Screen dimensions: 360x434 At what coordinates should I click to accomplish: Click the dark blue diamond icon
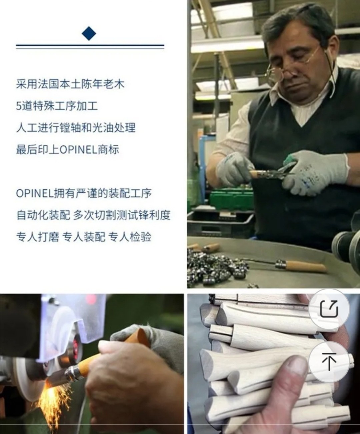[89, 33]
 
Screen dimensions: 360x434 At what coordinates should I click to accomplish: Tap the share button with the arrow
[329, 309]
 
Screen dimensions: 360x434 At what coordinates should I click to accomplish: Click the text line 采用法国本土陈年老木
[70, 84]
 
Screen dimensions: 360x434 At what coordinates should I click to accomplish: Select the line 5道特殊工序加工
[57, 106]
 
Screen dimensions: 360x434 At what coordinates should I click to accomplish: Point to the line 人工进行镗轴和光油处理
[76, 128]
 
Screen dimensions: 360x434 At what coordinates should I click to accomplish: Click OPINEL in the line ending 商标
[79, 150]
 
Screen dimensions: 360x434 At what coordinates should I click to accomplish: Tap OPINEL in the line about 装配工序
[35, 194]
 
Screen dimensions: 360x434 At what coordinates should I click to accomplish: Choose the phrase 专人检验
[130, 237]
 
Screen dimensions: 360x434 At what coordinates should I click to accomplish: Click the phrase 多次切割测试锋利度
[122, 215]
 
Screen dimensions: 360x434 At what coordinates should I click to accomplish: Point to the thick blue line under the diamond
[90, 45]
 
